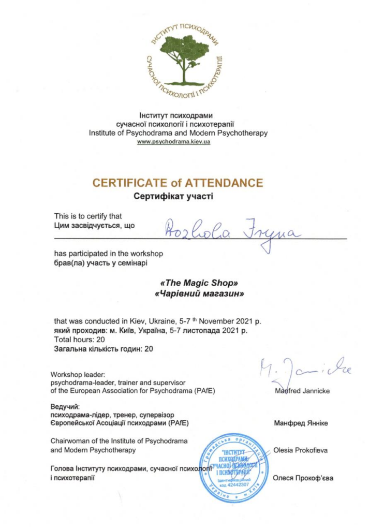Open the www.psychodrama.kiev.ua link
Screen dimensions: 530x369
(x=173, y=142)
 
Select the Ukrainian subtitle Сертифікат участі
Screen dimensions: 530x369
(x=173, y=196)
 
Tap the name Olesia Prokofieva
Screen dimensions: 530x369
(x=300, y=450)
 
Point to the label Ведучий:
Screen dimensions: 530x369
(x=65, y=406)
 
